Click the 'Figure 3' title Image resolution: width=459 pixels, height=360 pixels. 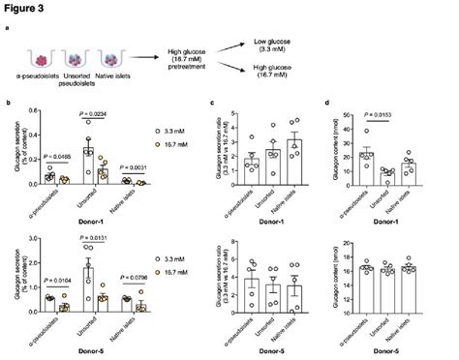(x=26, y=8)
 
